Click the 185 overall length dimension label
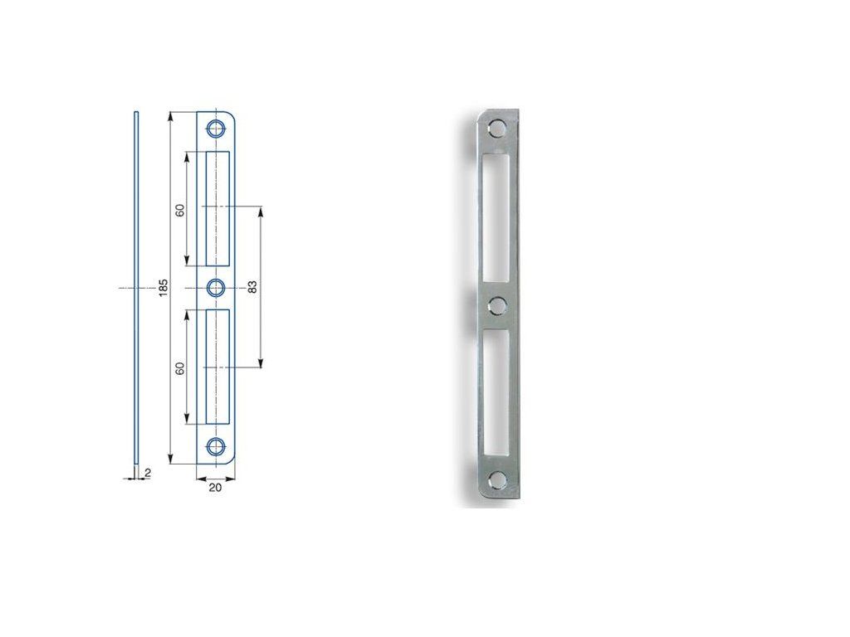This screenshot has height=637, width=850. point(164,288)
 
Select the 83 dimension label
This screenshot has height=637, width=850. point(252,287)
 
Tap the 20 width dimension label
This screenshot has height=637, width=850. point(215,488)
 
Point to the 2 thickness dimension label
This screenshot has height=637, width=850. point(148,473)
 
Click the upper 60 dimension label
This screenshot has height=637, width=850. point(180,210)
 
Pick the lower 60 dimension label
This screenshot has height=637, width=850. point(180,367)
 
